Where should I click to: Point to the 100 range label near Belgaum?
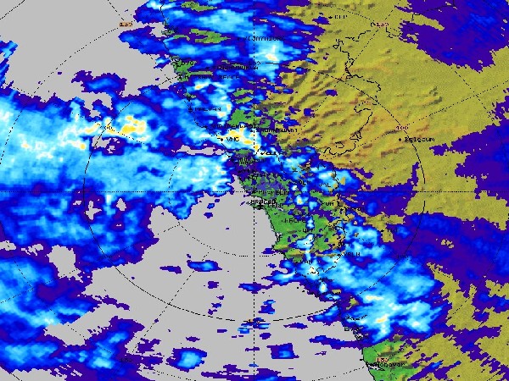pyautogui.click(x=401, y=128)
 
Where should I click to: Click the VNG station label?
pyautogui.click(x=232, y=139)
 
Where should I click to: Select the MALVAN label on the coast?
pyautogui.click(x=206, y=109)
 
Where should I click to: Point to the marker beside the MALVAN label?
pyautogui.click(x=189, y=109)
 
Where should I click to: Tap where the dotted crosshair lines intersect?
pyautogui.click(x=255, y=191)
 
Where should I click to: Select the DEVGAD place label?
pyautogui.click(x=232, y=67)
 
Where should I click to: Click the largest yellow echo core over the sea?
pyautogui.click(x=131, y=127)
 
